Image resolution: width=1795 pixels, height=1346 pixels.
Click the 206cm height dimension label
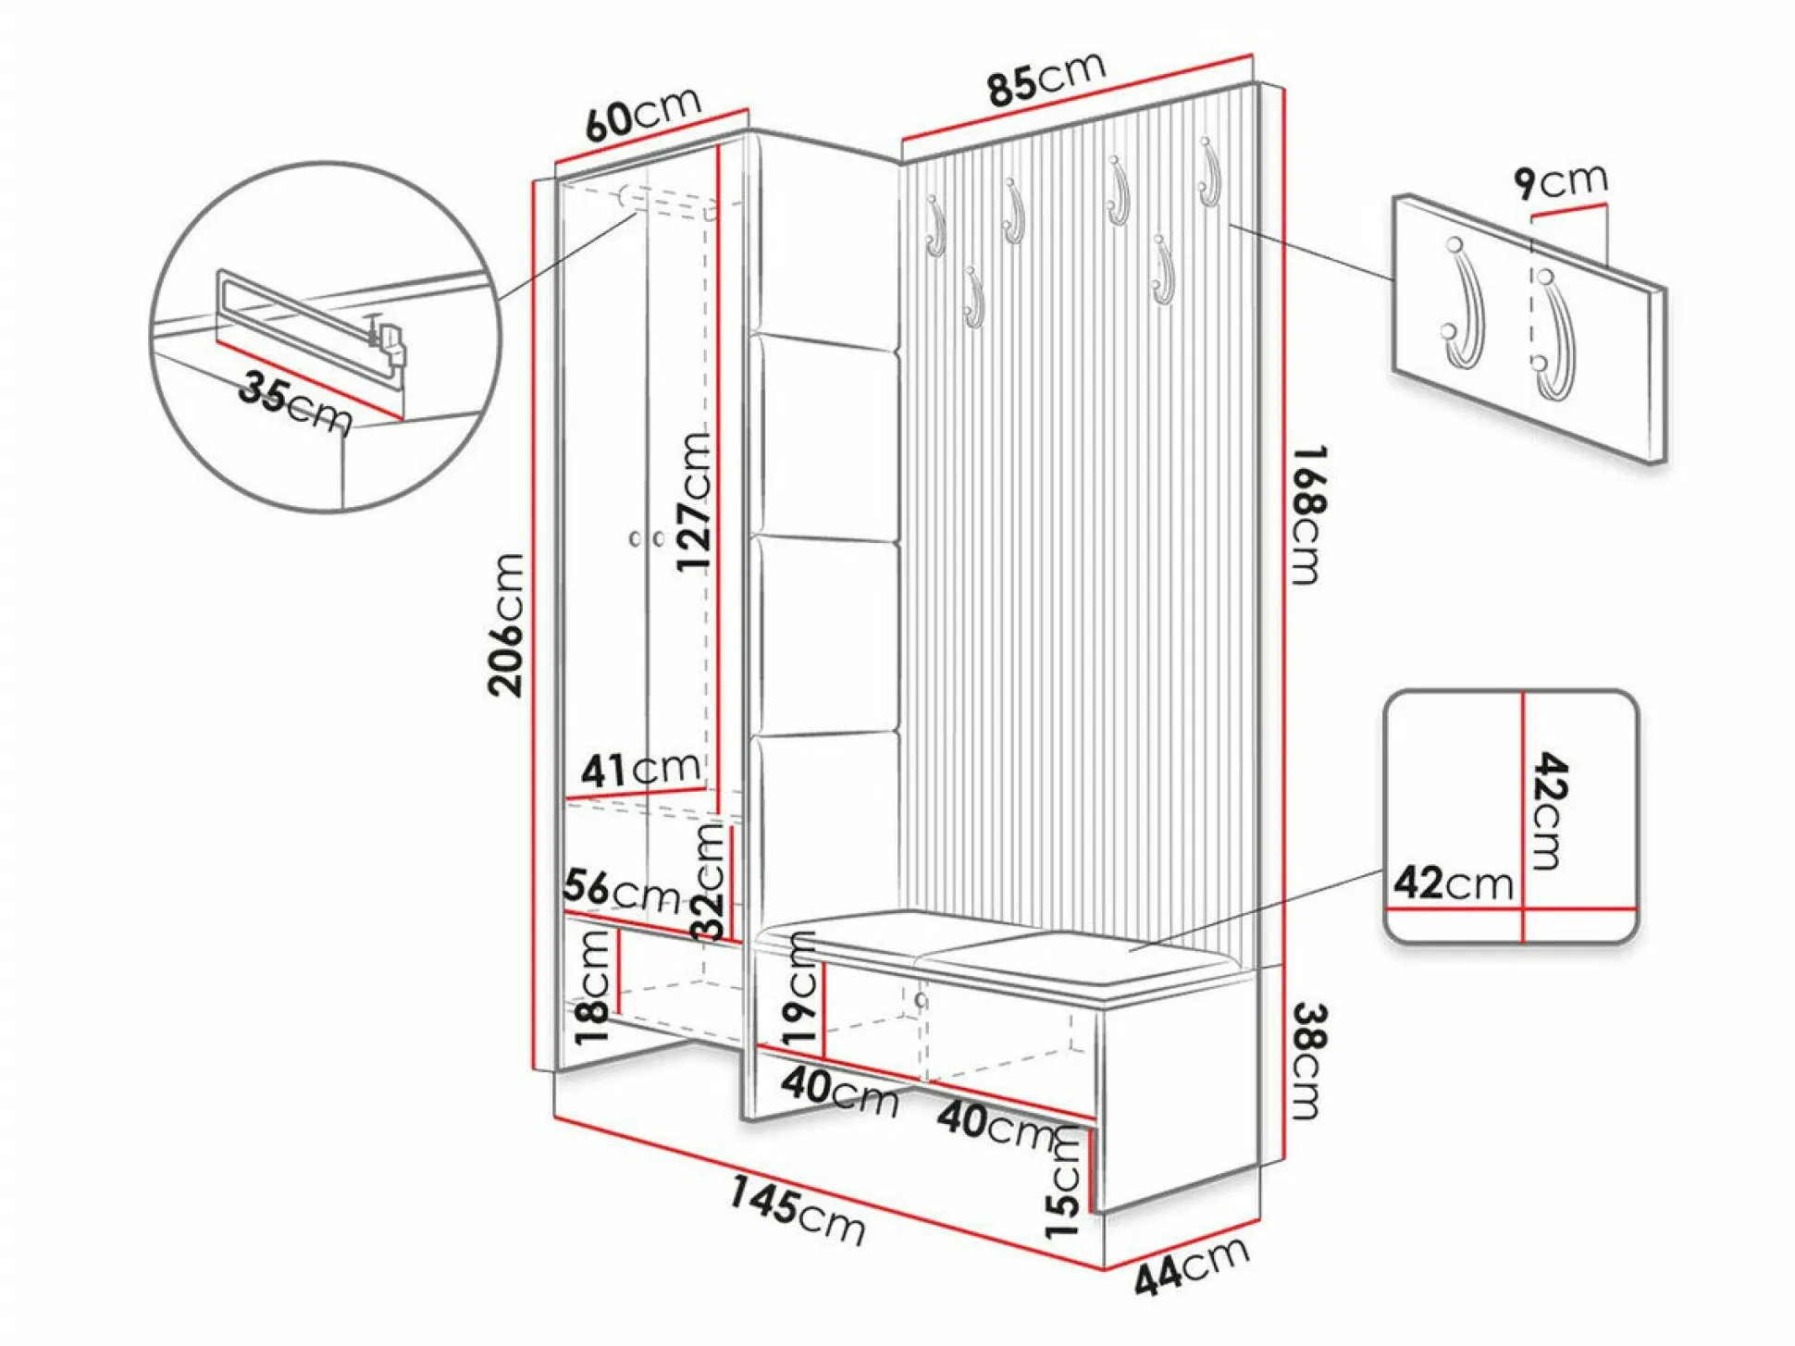[x=507, y=624]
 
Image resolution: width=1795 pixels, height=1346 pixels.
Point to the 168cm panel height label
[x=1309, y=514]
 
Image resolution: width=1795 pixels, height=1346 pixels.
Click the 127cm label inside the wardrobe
[x=693, y=500]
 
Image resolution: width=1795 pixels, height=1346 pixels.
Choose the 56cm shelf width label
[x=621, y=891]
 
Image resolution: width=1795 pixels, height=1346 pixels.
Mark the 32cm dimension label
[x=709, y=882]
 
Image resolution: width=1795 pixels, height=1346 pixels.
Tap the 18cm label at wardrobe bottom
[x=594, y=986]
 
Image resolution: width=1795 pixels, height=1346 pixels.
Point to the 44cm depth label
[x=1192, y=1266]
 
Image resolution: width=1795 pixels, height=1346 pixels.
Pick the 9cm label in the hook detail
[x=1561, y=181]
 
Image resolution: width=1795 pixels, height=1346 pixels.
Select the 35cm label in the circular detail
[x=295, y=402]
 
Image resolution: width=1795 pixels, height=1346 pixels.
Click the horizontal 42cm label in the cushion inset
[x=1453, y=883]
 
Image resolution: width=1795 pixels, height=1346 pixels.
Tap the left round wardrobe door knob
[x=636, y=538]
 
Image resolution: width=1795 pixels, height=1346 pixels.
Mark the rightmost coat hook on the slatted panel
[x=1208, y=173]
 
